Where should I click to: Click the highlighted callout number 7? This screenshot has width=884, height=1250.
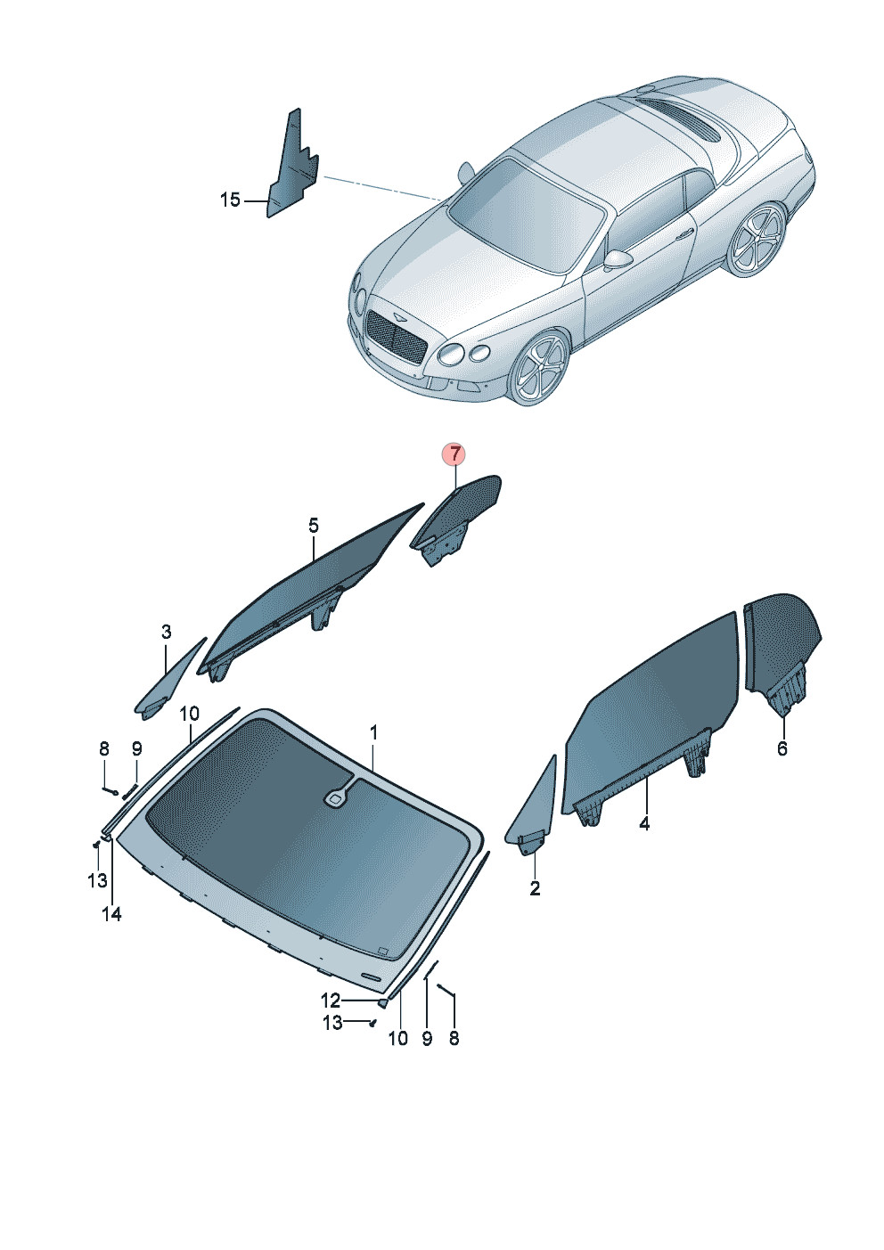[x=454, y=454]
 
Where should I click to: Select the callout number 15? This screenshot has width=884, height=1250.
[x=229, y=200]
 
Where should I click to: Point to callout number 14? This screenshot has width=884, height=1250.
[x=111, y=914]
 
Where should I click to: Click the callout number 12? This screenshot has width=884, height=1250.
[x=331, y=1001]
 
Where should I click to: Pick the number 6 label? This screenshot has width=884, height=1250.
[x=782, y=748]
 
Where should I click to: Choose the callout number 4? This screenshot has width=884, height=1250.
[x=644, y=823]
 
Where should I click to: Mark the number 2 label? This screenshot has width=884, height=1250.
[x=535, y=888]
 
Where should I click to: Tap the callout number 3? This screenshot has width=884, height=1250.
[x=166, y=633]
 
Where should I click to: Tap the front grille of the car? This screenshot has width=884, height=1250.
[x=395, y=336]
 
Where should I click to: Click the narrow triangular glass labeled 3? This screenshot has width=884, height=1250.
[x=168, y=682]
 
